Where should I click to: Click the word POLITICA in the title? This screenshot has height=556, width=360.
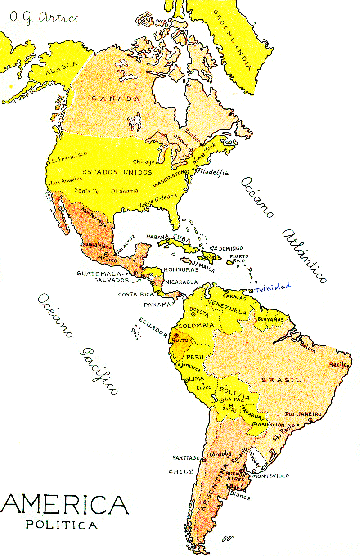pos(62,525)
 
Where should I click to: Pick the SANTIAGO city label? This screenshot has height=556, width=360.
pos(186,458)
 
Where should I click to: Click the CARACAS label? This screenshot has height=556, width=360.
pos(234,298)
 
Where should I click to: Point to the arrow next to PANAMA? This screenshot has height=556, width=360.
pos(173,304)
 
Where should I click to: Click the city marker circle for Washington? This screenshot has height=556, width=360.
pos(187,172)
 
